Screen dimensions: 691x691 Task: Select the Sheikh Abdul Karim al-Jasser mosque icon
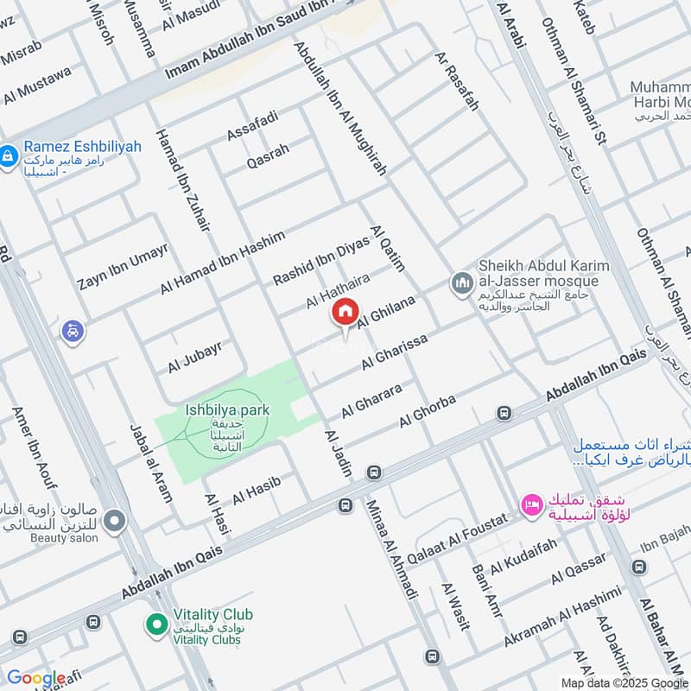coord(460,283)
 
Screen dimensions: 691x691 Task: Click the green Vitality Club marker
coord(156,622)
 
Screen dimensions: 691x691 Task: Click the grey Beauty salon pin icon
coord(114,521)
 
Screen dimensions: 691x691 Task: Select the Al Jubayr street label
coord(195,357)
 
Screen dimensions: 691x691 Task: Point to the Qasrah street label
coord(268,156)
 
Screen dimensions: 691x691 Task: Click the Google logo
coord(35,678)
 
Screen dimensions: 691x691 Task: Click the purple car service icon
coord(73,330)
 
